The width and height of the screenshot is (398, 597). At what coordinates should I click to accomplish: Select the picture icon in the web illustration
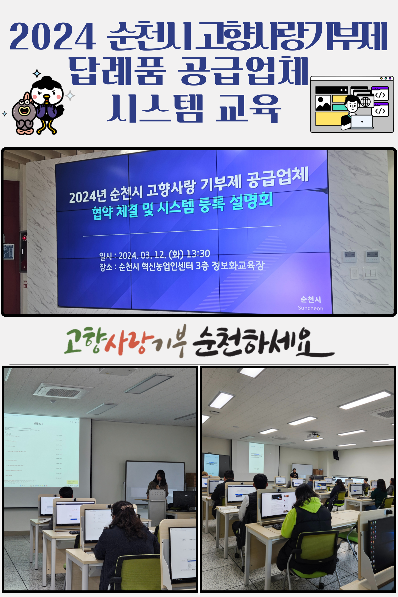323,103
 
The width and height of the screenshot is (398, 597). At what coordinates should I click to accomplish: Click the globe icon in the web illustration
366,102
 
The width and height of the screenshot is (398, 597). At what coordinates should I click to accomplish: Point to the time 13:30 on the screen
198,254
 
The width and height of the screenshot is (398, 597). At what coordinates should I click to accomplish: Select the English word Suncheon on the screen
310,308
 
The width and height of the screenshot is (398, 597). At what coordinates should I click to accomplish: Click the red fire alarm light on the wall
24,238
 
